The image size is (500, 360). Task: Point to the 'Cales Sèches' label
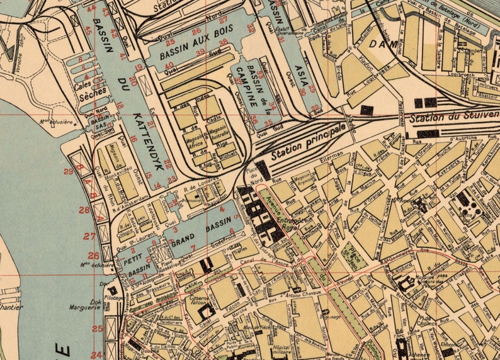(91, 85)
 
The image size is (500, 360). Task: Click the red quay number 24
(96, 355)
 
